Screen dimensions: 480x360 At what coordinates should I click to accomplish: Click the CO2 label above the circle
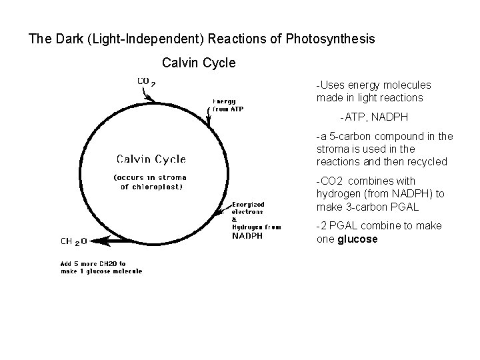[146, 82]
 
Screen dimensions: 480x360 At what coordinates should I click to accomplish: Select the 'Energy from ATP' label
[229, 105]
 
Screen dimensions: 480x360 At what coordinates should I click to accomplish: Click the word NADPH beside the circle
[247, 235]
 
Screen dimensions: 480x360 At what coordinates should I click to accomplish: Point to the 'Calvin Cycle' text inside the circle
[151, 159]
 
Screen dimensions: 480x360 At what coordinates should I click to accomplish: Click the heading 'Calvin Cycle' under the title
[199, 63]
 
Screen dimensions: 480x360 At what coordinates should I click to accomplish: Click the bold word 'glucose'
[357, 239]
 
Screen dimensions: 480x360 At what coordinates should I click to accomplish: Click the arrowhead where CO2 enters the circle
[153, 99]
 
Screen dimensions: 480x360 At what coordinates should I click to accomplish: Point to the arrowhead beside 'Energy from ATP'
[209, 124]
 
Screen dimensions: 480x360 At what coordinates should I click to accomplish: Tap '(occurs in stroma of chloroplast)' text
[150, 182]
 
